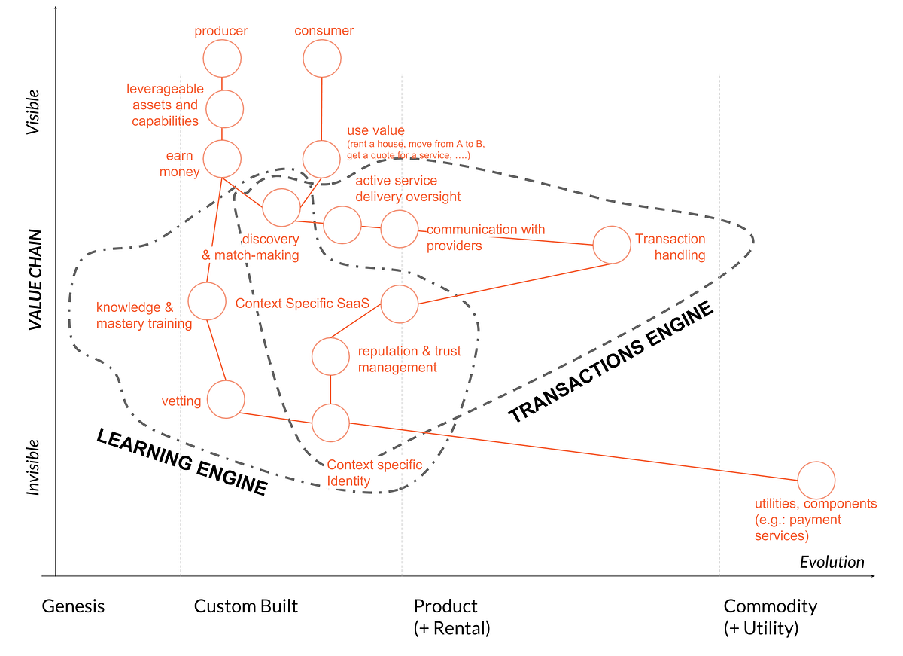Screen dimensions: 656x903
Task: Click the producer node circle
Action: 222,58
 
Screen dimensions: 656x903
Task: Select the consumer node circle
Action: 322,58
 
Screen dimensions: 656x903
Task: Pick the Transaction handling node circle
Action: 612,245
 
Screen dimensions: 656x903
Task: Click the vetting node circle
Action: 226,400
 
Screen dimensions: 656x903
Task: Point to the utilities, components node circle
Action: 816,481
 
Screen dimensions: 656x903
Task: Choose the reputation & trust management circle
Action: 331,357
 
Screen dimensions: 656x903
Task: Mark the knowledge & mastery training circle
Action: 207,301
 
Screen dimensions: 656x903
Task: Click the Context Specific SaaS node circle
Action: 399,304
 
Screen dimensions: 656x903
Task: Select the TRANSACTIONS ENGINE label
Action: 610,362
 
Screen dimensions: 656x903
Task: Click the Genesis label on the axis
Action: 73,606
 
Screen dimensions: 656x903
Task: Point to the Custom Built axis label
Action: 246,606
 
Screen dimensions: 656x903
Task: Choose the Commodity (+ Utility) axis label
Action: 770,616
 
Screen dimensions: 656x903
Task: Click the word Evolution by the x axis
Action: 832,562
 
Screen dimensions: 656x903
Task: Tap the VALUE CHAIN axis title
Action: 35,279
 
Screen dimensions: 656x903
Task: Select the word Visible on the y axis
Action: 33,112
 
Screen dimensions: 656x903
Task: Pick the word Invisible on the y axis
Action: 33,467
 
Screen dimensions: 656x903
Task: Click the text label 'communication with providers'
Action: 485,237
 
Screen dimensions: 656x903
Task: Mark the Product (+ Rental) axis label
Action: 451,616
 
